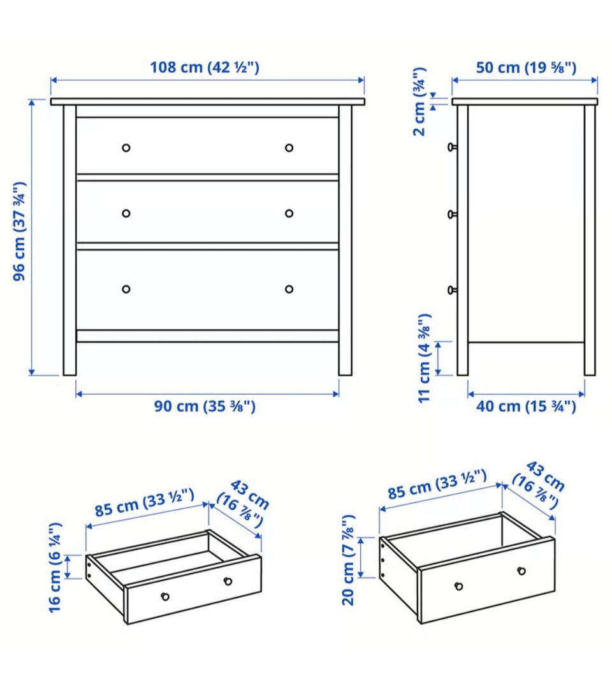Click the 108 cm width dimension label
pyautogui.click(x=205, y=68)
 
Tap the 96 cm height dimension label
pyautogui.click(x=20, y=231)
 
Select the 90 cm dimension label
pyautogui.click(x=205, y=406)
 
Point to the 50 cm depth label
pyautogui.click(x=526, y=68)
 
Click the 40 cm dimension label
pyautogui.click(x=526, y=406)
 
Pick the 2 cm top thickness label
pyautogui.click(x=419, y=102)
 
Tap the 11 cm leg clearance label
pyautogui.click(x=424, y=359)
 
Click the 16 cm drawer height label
pyautogui.click(x=55, y=567)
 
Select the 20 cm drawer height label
pyautogui.click(x=348, y=560)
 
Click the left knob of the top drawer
pyautogui.click(x=126, y=148)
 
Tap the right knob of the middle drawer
pyautogui.click(x=289, y=213)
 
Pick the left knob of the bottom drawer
pyautogui.click(x=126, y=289)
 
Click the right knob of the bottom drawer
pyautogui.click(x=289, y=289)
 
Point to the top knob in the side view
pyautogui.click(x=452, y=147)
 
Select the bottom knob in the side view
pyautogui.click(x=452, y=290)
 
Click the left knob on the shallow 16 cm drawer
pyautogui.click(x=165, y=597)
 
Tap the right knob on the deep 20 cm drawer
pyautogui.click(x=521, y=571)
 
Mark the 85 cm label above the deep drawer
pyautogui.click(x=437, y=485)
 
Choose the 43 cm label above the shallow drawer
pyautogui.click(x=244, y=503)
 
